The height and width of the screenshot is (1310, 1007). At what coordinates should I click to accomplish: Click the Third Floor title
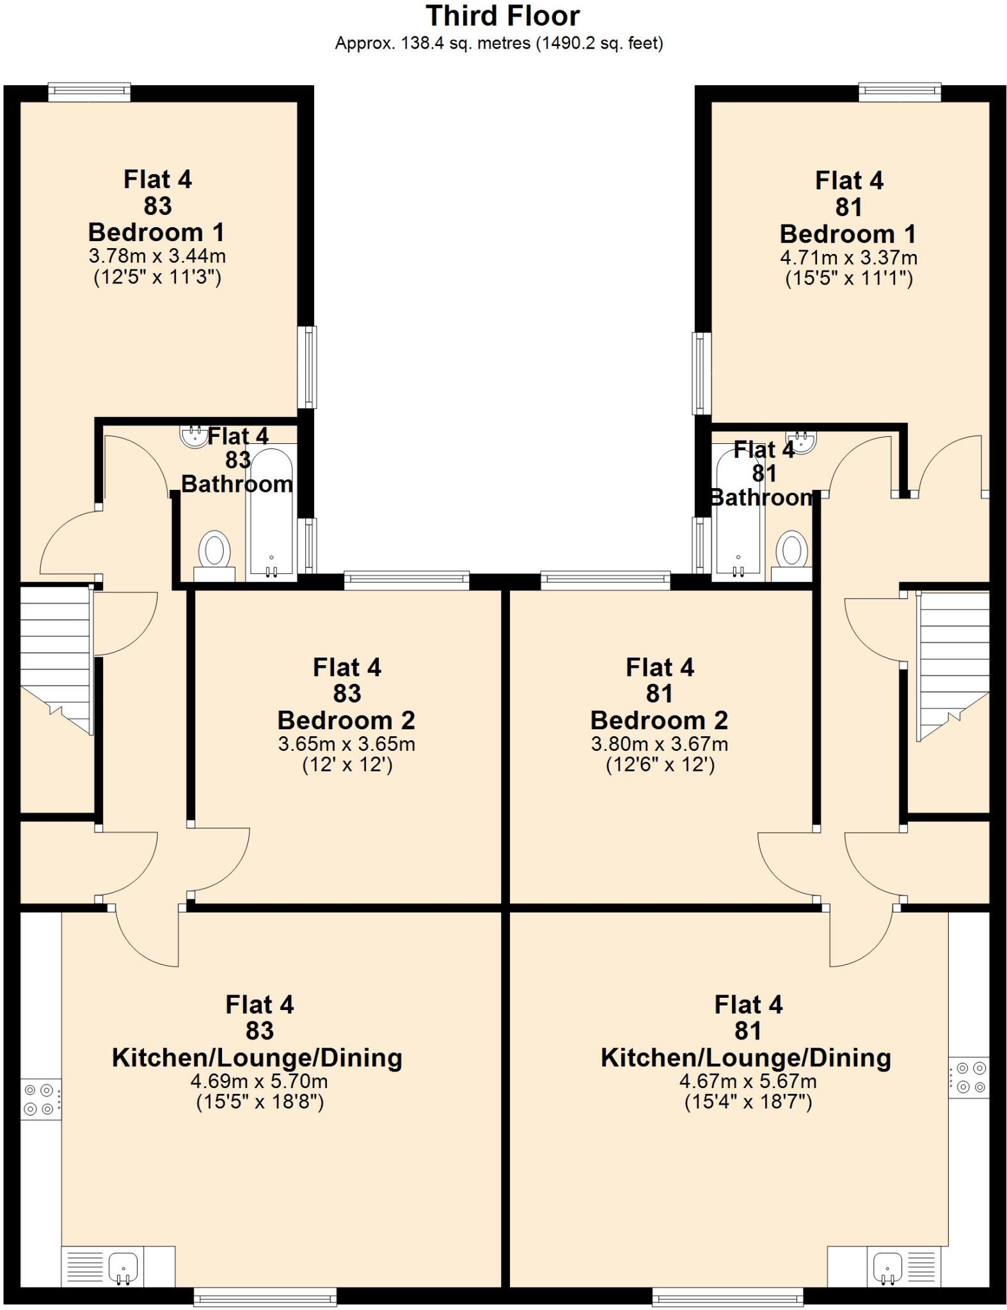503,16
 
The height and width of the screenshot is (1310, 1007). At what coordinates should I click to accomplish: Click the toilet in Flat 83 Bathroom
214,551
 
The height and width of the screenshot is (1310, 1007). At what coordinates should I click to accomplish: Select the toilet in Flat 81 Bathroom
792,551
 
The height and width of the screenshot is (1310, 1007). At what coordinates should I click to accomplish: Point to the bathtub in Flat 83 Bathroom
271,512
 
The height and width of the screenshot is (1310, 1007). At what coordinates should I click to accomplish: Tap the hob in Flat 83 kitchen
41,1099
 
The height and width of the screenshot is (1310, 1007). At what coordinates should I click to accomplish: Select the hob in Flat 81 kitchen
969,1077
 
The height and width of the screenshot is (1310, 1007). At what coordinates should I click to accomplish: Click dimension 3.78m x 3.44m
157,256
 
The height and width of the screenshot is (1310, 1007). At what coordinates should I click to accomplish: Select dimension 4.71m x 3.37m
848,258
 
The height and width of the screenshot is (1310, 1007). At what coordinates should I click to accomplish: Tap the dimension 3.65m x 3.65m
346,744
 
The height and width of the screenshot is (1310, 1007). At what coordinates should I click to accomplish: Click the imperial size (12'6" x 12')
660,765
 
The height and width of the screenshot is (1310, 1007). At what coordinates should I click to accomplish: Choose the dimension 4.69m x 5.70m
259,1081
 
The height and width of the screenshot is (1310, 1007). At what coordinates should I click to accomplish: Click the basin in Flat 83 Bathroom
192,436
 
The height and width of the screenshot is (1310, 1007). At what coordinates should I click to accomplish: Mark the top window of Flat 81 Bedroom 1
900,93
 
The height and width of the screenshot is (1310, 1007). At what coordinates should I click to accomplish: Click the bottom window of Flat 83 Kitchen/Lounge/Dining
265,1298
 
